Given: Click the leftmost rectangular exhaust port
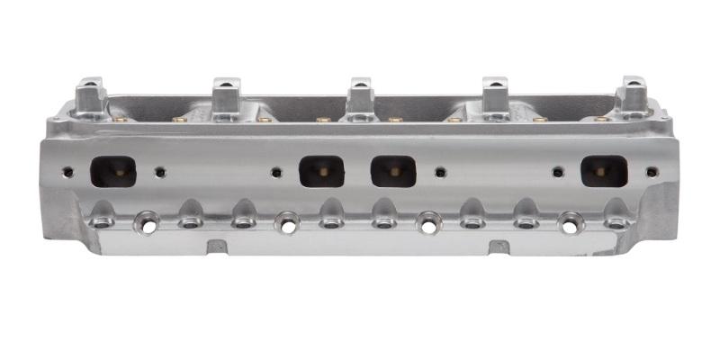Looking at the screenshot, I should coord(113,171).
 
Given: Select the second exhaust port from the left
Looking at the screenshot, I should coord(321,171).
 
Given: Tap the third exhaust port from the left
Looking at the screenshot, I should coord(393,171).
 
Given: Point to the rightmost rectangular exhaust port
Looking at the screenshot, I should coord(604,171).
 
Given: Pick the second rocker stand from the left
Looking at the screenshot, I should coord(225,94).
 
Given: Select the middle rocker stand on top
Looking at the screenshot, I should coord(361,94).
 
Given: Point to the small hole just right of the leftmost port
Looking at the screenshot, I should coord(160,172).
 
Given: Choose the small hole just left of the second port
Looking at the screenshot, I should coord(276,172).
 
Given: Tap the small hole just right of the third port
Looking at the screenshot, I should coord(440,172).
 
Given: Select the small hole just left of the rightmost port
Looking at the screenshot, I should coord(558,172).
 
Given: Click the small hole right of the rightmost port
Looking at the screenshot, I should coord(652,170).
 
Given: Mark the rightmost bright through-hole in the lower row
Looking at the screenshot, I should coord(571,221).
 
